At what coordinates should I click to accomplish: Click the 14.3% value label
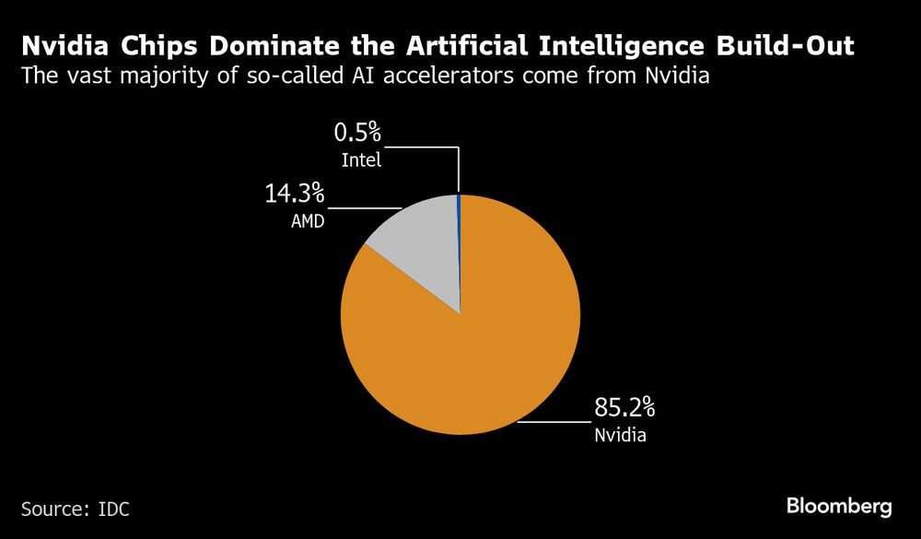click(x=295, y=194)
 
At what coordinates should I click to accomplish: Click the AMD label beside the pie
click(x=307, y=221)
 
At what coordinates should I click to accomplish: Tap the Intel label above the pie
click(x=361, y=160)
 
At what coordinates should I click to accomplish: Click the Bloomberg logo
click(x=839, y=506)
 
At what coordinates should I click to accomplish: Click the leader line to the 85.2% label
click(x=553, y=421)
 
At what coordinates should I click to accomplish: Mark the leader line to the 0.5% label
click(x=424, y=146)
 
